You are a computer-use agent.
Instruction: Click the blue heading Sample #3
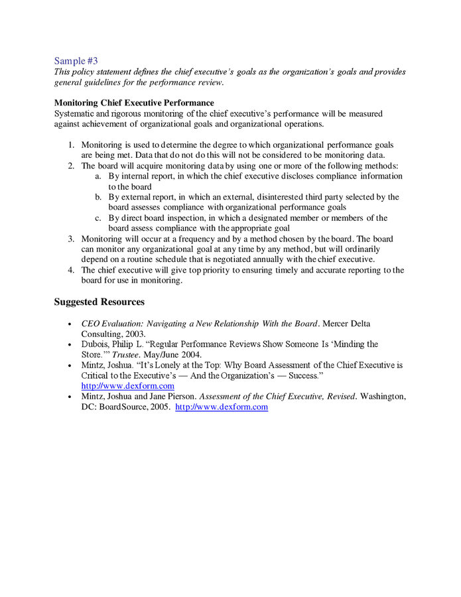tap(76, 60)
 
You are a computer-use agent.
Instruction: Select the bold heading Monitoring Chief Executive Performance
tap(134, 103)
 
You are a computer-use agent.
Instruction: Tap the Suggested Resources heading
tap(99, 302)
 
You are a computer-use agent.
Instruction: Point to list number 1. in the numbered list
tap(71, 145)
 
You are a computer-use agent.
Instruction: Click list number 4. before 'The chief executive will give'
tap(71, 270)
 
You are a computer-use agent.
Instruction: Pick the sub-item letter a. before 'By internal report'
tap(98, 176)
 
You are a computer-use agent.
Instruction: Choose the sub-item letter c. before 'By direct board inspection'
tap(98, 218)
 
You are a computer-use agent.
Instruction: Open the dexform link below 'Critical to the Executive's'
tap(127, 386)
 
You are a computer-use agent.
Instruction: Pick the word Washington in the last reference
tap(383, 397)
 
